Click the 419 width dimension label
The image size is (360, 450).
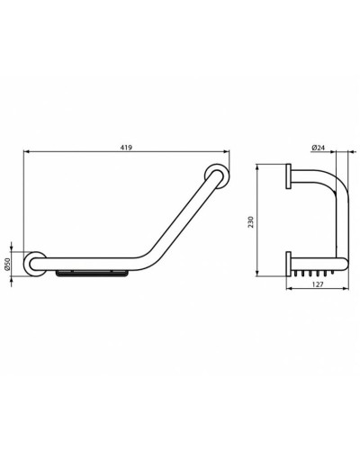123,147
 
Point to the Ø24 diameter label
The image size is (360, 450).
318,147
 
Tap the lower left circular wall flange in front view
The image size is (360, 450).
33,265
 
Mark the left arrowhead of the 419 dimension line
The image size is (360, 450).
22,154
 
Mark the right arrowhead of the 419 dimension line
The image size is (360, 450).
227,154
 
